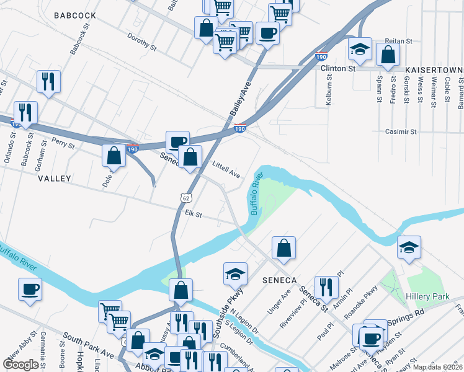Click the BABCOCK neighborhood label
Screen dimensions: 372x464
click(74, 15)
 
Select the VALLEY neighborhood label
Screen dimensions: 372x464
click(55, 178)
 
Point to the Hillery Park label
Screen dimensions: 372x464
click(427, 297)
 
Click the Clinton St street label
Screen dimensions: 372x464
click(337, 68)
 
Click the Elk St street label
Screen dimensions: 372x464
click(194, 214)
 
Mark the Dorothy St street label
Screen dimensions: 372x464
click(141, 42)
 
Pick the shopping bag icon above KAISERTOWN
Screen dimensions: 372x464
click(387, 53)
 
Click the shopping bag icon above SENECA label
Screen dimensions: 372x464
click(283, 247)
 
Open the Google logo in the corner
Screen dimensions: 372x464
click(20, 365)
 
